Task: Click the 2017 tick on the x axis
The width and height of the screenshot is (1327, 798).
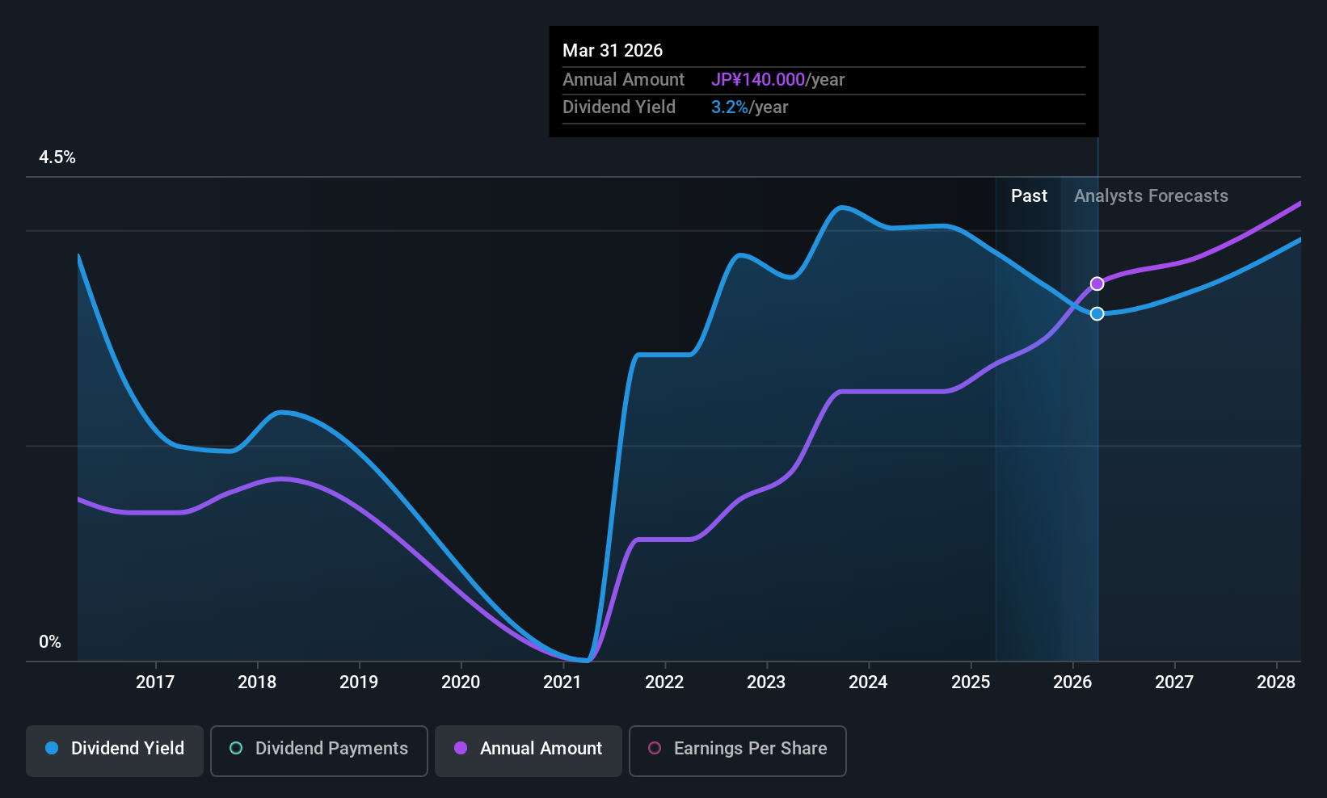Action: click(155, 682)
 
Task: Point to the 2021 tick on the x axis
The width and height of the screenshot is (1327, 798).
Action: click(562, 682)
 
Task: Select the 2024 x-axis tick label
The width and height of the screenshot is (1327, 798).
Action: click(868, 682)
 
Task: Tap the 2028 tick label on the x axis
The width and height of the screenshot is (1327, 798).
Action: click(1276, 682)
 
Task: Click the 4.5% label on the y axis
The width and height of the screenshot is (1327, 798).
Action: click(57, 157)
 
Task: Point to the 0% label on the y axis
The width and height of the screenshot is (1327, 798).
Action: click(50, 642)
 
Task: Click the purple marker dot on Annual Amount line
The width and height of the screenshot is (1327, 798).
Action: click(1097, 283)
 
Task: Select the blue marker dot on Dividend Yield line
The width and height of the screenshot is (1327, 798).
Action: click(1097, 313)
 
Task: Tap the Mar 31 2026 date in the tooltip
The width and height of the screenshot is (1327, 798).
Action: click(613, 50)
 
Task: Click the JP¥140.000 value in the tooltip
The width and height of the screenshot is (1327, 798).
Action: click(757, 79)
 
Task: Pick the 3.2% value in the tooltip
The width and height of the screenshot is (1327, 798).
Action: click(729, 107)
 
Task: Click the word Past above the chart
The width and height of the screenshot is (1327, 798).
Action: click(1029, 196)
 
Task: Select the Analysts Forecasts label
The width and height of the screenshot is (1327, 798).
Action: click(1151, 196)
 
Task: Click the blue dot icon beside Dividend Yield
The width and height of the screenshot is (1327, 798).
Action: click(52, 748)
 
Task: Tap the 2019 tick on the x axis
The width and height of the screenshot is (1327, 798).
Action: click(359, 682)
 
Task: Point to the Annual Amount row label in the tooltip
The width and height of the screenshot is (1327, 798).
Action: click(623, 79)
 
